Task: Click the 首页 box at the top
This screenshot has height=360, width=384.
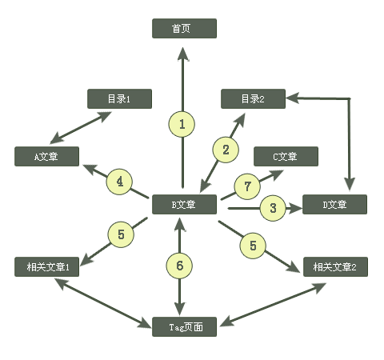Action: pos(184,29)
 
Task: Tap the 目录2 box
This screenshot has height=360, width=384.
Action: pos(253,99)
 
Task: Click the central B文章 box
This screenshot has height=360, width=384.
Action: pos(184,205)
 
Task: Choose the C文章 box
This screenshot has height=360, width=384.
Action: pos(286,157)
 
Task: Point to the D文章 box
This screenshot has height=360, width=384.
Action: pos(334,205)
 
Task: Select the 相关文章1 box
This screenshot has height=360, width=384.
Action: pos(46,267)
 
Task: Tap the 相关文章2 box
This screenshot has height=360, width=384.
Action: pos(335,267)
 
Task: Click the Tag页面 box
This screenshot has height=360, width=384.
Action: pos(184,326)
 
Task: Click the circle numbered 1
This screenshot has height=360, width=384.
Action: pos(182,124)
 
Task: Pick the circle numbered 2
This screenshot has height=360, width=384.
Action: pos(226,149)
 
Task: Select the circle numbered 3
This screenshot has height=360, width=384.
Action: pos(273,209)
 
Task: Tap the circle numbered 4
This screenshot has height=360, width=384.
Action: pos(119,182)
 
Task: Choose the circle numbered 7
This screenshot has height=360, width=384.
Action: pos(248,187)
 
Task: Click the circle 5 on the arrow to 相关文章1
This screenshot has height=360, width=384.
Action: pos(121,235)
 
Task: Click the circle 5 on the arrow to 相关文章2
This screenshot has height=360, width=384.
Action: pos(253,246)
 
